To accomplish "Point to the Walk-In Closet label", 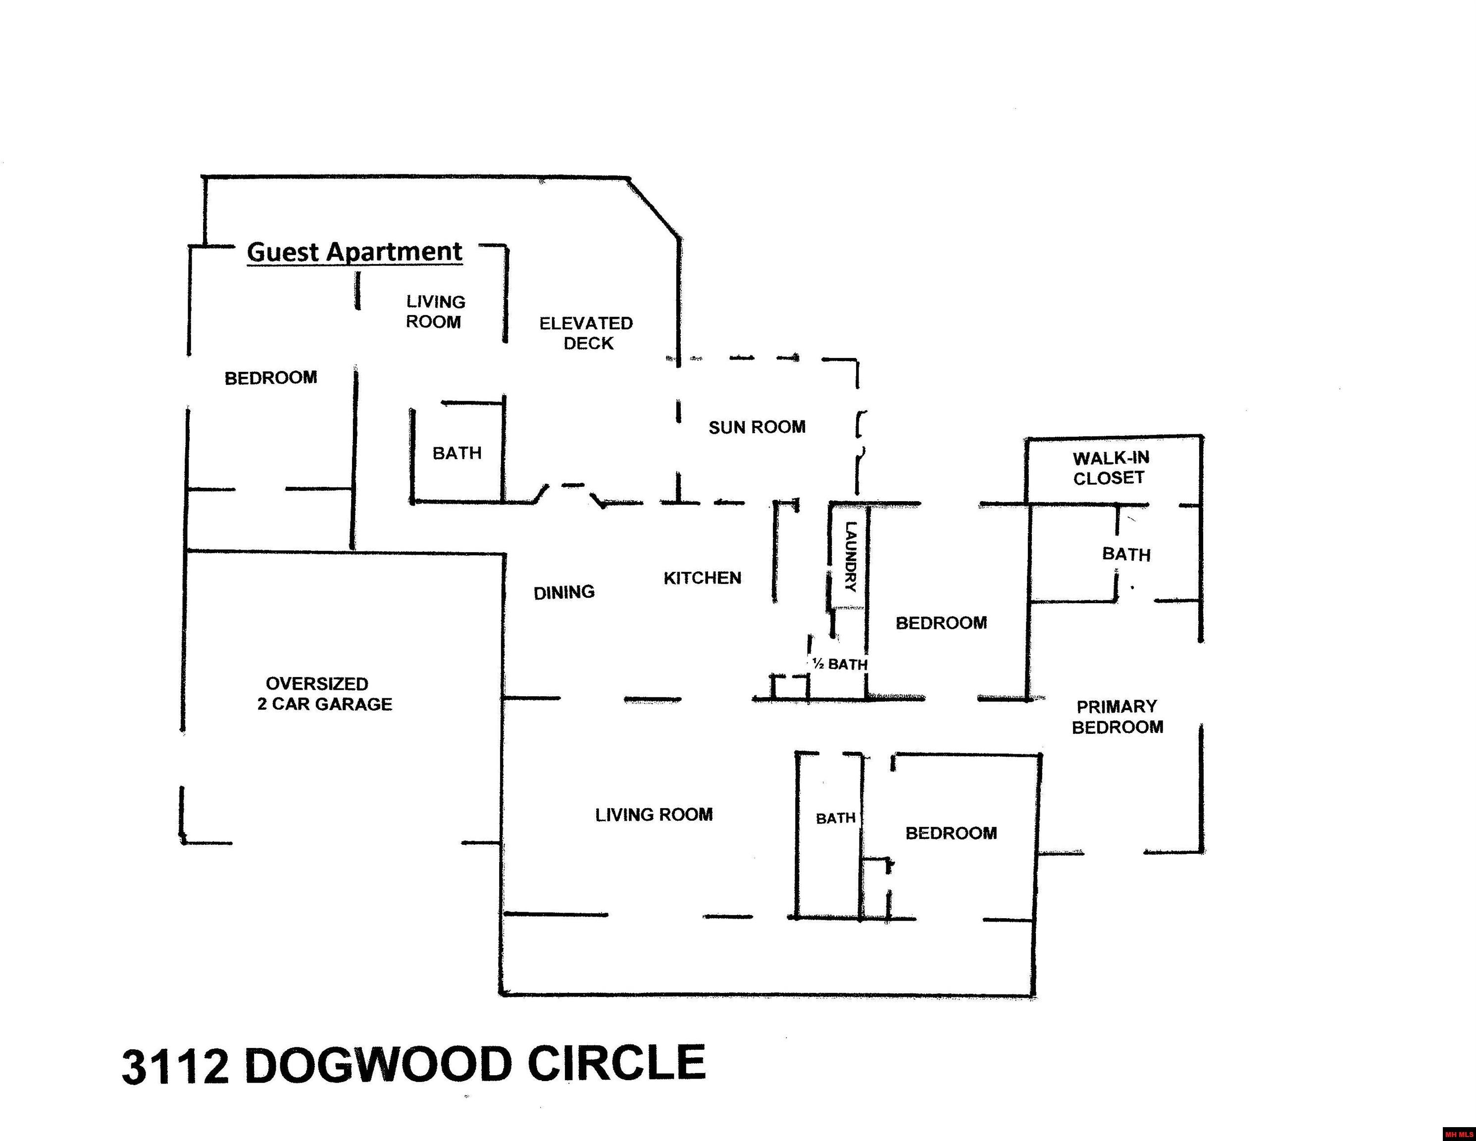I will (1111, 468).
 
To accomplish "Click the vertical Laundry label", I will (850, 556).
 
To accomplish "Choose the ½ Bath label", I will (839, 665).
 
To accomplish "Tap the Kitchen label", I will (702, 578).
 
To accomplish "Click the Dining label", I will (563, 593).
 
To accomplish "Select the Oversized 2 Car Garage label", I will (324, 693).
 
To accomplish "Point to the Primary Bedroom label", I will (1117, 717).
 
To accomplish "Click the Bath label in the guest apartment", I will (457, 453).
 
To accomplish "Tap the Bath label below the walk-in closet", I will (1126, 554).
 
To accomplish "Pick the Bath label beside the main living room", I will (835, 819).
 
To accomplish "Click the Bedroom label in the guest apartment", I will (270, 378).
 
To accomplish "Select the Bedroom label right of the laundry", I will (941, 622).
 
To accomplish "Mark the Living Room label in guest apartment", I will (435, 311).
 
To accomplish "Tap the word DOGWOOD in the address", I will (378, 1065).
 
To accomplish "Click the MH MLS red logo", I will (1459, 1134).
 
